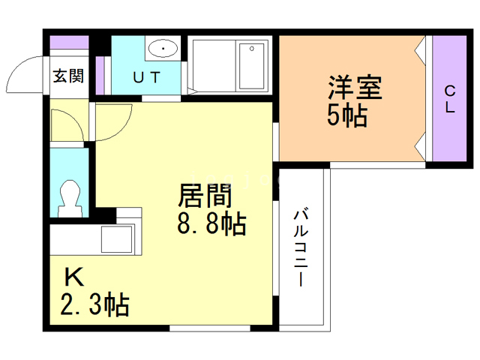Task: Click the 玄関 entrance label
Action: [68, 76]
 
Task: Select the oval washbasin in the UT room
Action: [161, 49]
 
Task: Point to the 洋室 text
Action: [353, 88]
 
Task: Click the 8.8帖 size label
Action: [211, 224]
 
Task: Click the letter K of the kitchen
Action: [73, 278]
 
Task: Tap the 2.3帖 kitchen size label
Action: [94, 305]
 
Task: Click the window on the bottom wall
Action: [209, 328]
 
